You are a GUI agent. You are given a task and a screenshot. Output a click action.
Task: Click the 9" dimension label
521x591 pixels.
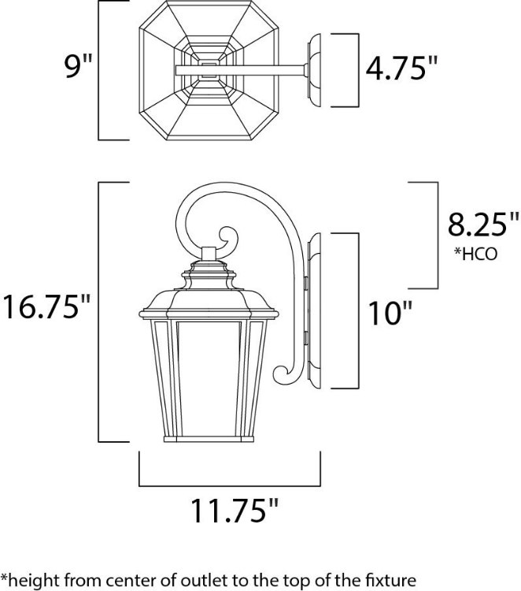(x=78, y=69)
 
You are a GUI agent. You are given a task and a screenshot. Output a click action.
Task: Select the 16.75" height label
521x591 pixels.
(x=46, y=306)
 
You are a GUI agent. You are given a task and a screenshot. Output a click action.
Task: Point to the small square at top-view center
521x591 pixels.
(x=208, y=69)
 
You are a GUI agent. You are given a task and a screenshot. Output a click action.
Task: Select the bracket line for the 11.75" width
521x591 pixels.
(x=231, y=482)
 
